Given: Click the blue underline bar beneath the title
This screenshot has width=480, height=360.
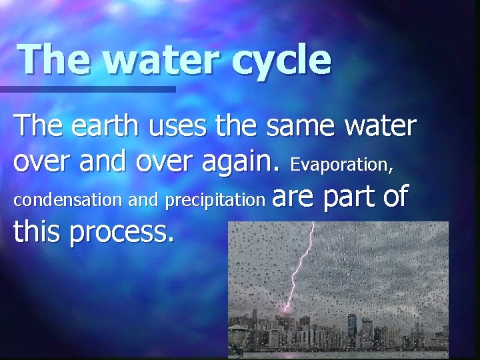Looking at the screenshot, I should [x=87, y=89].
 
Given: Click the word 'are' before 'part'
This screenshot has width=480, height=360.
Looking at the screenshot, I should [x=295, y=197].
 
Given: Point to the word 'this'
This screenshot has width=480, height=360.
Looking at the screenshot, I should [x=37, y=232].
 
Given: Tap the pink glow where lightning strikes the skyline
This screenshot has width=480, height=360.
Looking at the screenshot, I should [x=287, y=308].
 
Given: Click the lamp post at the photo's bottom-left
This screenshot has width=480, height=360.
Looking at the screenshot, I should [x=237, y=340].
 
